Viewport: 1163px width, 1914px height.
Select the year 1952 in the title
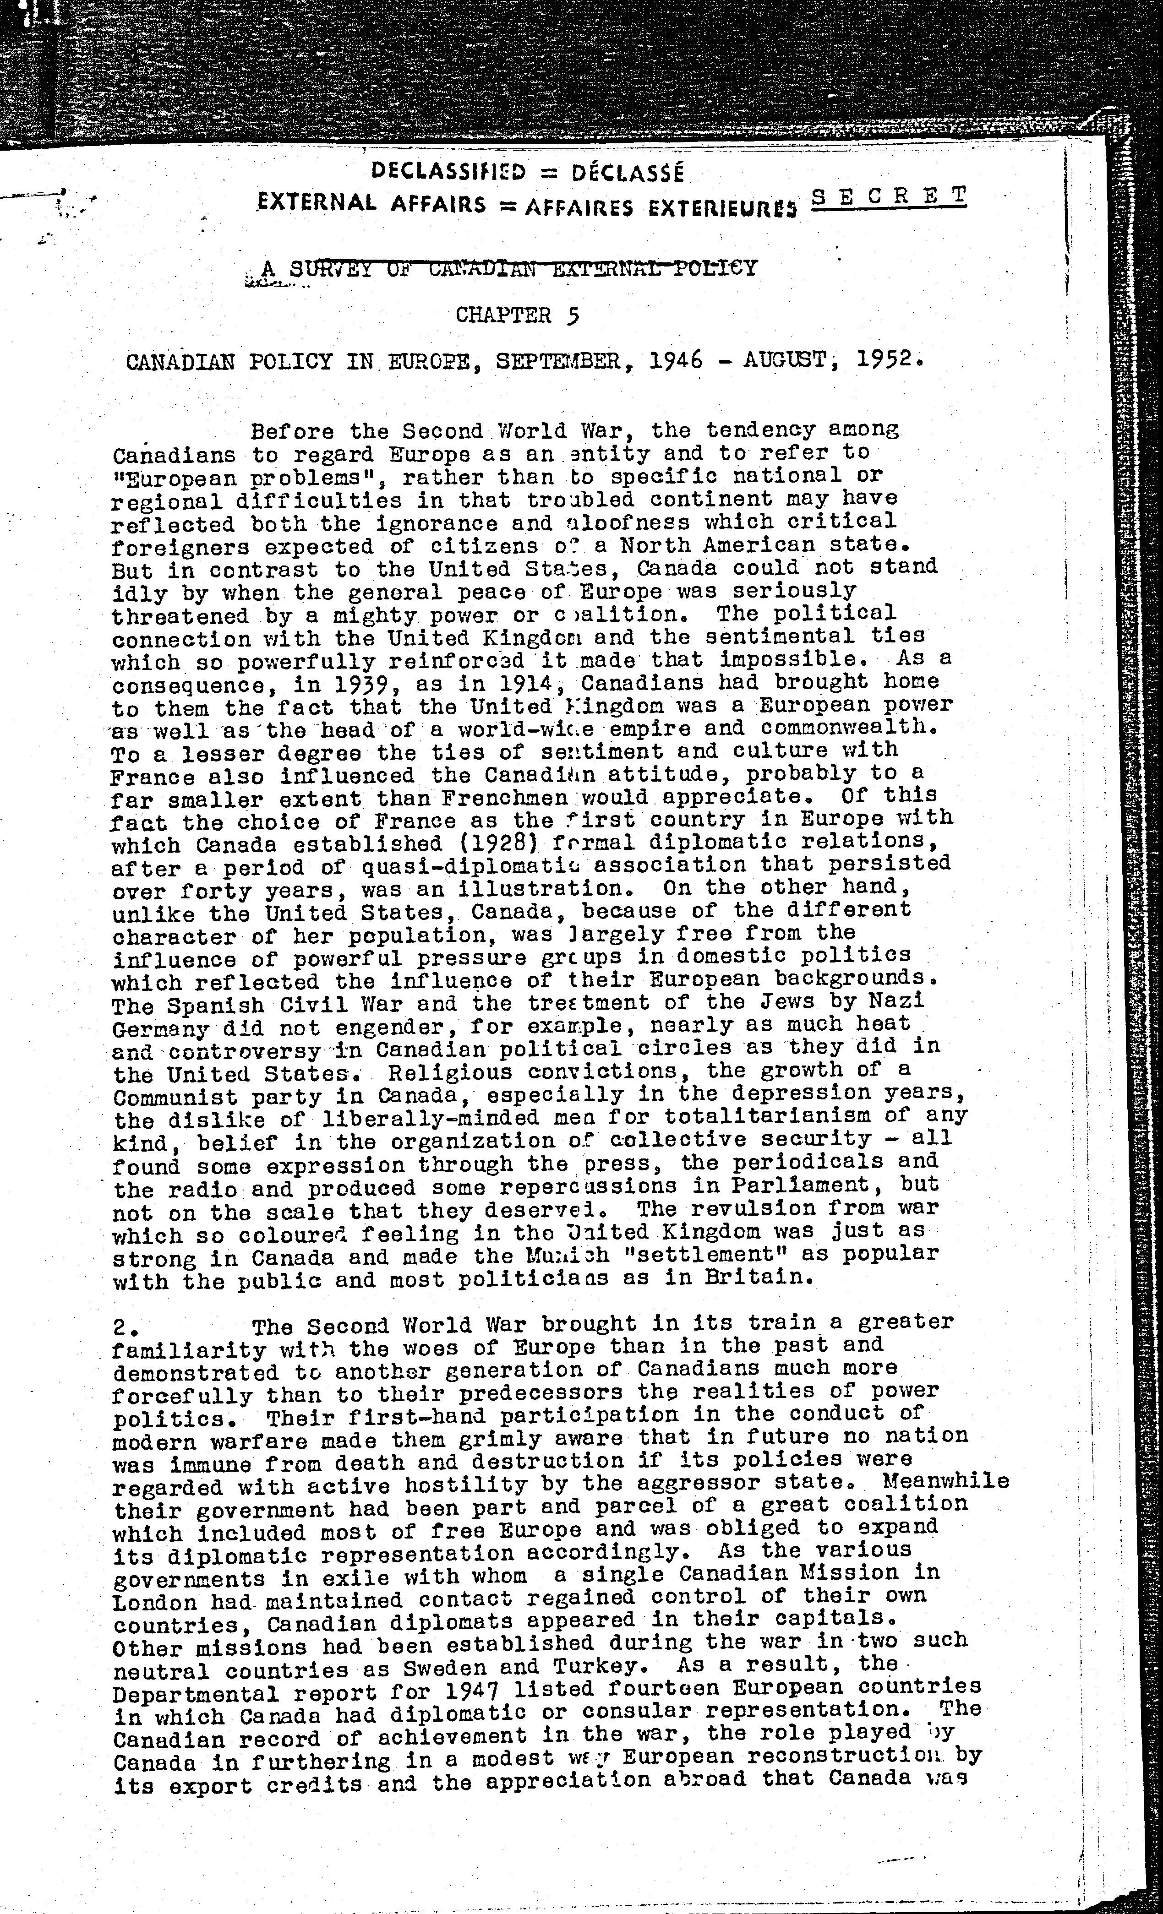click(889, 359)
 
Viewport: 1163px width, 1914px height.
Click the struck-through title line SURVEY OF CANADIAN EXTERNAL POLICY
click(522, 269)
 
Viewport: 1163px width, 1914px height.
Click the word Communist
click(175, 1098)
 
